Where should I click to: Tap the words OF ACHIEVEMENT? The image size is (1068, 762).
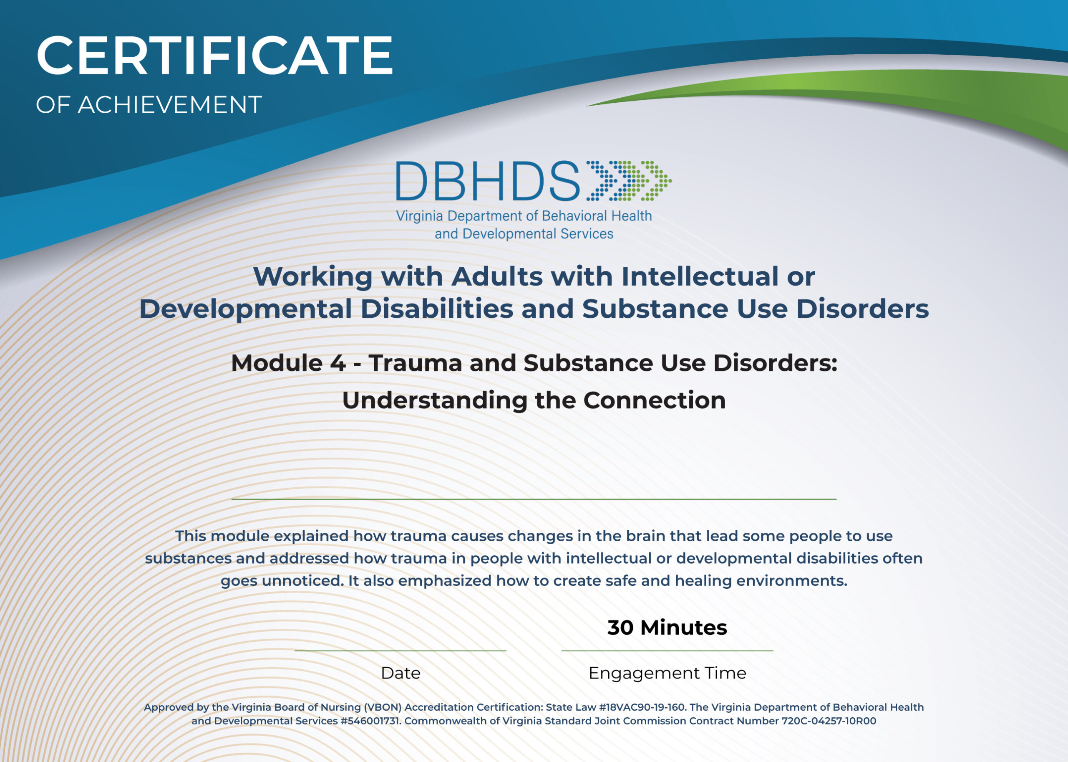149,105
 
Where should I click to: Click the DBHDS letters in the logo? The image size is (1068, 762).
488,181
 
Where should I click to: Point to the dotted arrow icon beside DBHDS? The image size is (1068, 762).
628,181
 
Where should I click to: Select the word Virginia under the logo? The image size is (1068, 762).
420,216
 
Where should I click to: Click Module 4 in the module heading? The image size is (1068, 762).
288,363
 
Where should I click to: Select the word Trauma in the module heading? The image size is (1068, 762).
416,363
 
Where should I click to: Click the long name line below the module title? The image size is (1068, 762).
534,499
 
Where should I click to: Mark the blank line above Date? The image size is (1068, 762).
400,651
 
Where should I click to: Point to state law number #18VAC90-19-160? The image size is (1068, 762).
642,707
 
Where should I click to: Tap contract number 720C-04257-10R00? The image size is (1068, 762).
829,721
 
